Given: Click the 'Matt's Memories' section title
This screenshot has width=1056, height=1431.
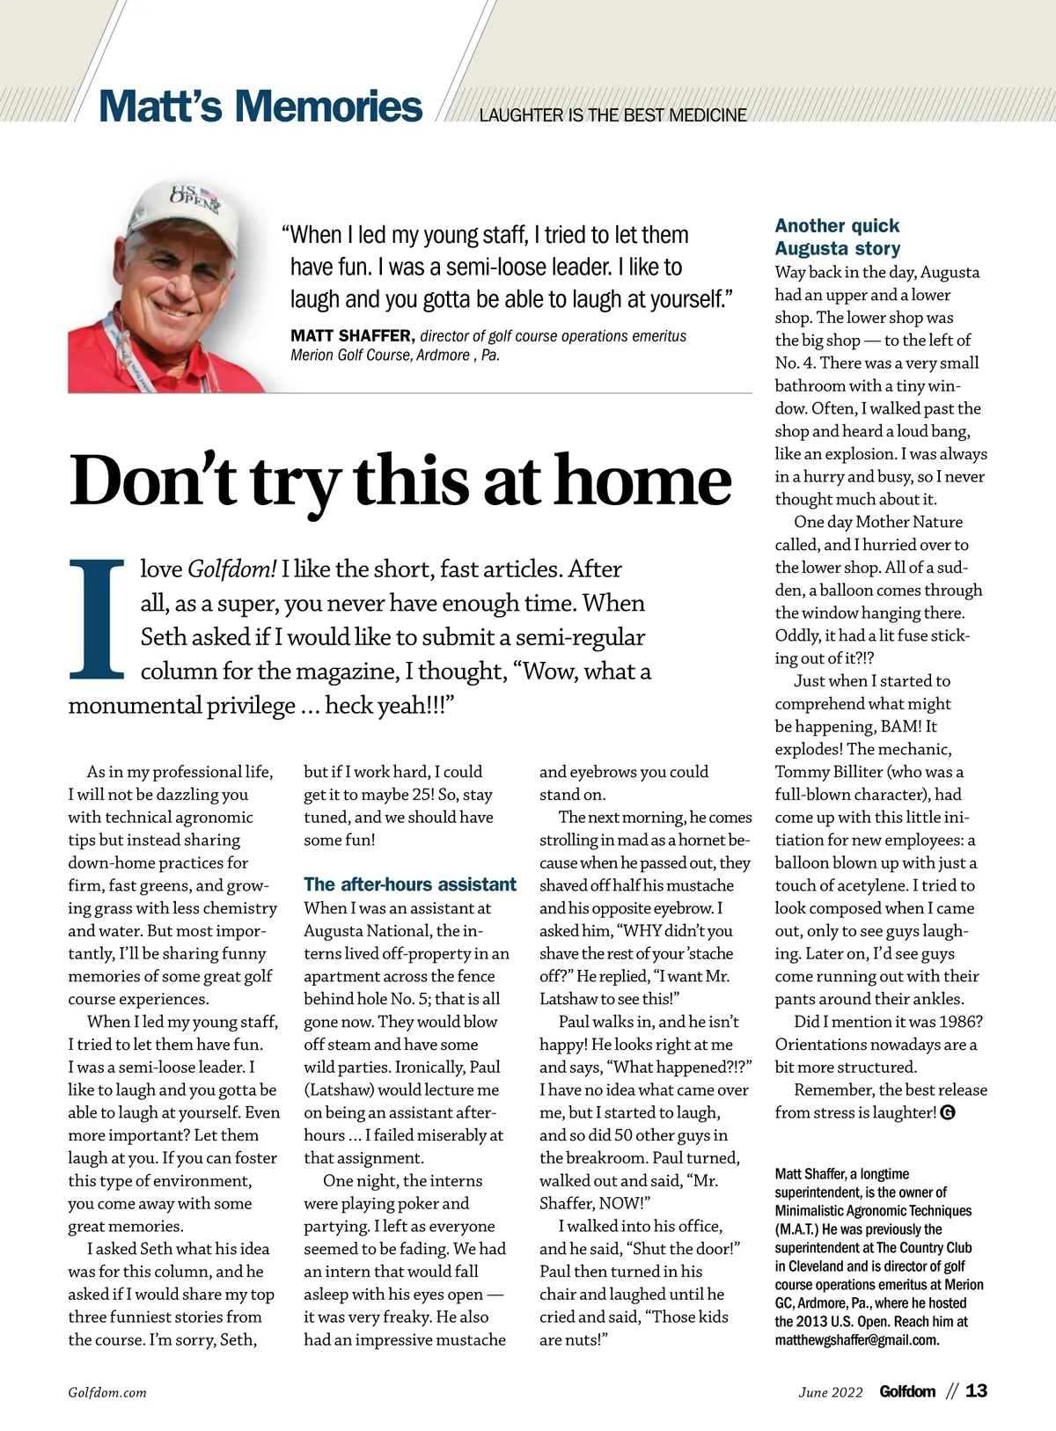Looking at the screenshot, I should click(260, 106).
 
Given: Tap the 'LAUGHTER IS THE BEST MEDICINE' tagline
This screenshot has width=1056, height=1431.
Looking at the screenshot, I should click(612, 115).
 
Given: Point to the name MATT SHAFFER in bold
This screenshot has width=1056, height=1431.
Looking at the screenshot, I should click(351, 336).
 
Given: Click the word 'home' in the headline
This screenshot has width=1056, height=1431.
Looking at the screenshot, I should click(643, 481).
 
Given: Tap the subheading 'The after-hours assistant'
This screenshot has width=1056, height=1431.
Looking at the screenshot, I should click(410, 884).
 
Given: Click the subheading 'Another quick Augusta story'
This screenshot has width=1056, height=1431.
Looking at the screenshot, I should click(837, 237).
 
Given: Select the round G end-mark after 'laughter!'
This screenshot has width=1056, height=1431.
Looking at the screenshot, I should click(948, 1112).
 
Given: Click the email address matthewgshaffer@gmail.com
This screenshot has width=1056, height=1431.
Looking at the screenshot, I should click(856, 1340).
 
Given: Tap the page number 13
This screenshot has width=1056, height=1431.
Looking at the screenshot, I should click(976, 1391).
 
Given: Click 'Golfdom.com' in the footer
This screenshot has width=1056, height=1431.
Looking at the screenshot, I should click(107, 1392).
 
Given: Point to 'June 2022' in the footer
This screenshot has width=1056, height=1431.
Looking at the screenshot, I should click(831, 1392).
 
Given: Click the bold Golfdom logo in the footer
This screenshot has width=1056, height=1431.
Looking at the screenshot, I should click(907, 1391).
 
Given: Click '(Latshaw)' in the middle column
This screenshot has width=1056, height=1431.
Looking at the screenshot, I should click(339, 1090).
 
